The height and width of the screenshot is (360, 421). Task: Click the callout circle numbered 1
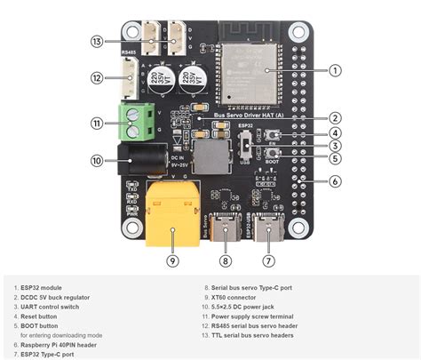point(335,69)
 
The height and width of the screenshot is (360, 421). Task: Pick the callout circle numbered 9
point(172,260)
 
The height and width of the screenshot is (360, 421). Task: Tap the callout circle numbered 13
point(97,41)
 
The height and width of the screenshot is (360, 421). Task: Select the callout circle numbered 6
point(335,181)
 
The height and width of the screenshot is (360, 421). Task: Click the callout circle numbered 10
point(97,161)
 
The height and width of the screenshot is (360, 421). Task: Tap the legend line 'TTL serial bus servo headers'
point(258,334)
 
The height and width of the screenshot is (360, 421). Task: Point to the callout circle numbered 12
point(97,78)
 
